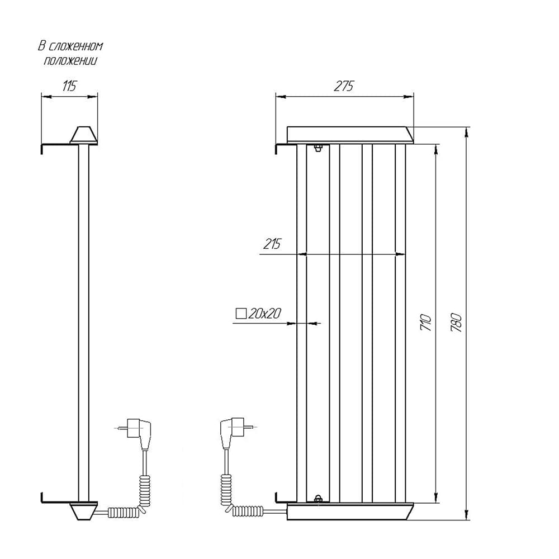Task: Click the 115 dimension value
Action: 69,86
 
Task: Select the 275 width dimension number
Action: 344,86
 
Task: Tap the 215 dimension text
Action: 272,244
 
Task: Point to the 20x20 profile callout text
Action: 265,314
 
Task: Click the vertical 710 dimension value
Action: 427,323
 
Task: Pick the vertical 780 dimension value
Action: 457,323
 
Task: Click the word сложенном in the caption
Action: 76,47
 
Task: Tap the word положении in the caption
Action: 70,61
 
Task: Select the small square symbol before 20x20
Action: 241,314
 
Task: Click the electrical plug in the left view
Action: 138,433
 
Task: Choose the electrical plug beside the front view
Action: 233,433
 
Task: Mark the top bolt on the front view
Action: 318,148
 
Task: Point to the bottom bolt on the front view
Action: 318,499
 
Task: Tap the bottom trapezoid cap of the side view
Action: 83,511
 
